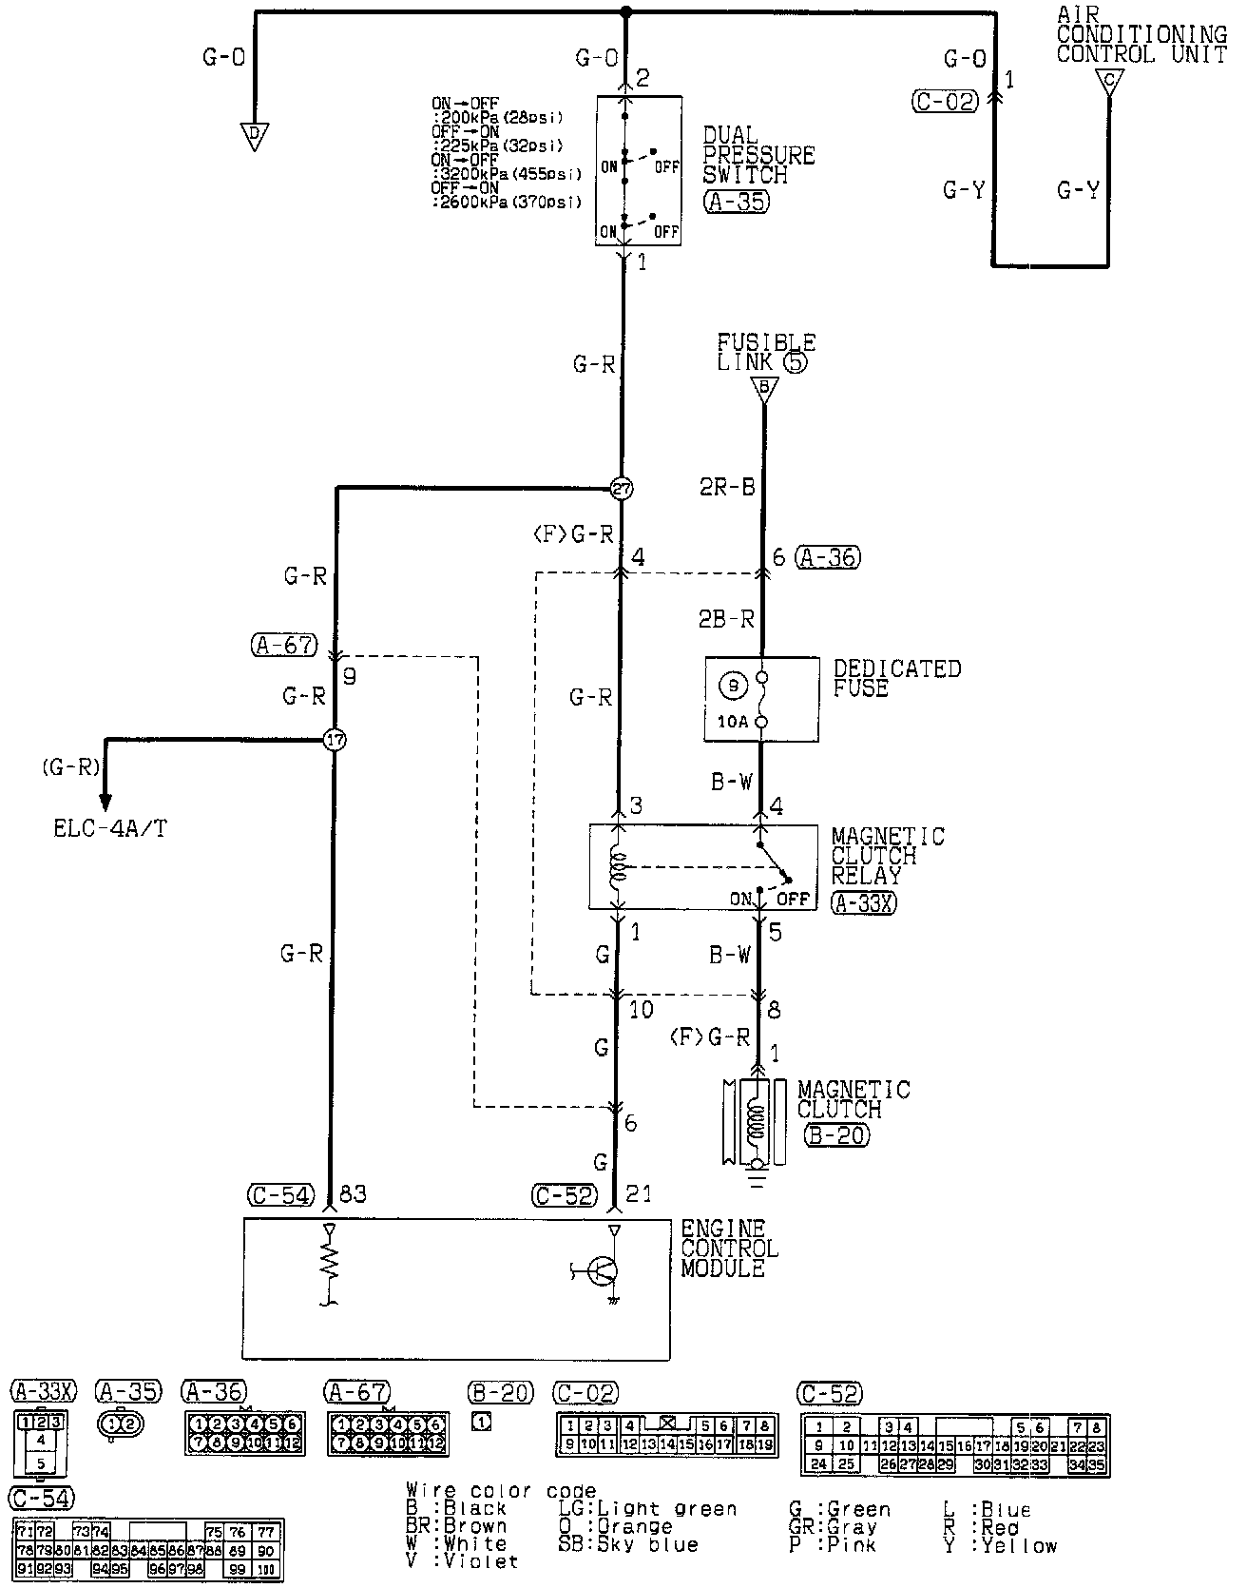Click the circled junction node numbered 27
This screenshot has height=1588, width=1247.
(x=621, y=489)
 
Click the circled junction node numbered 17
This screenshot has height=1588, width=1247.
(x=335, y=739)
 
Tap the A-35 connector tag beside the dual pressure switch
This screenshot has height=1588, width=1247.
(x=736, y=202)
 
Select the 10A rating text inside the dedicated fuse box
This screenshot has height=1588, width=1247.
(x=732, y=722)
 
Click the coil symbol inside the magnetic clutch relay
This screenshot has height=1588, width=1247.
(x=619, y=866)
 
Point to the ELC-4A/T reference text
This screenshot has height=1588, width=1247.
(x=110, y=828)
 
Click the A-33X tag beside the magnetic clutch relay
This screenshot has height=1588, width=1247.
(x=862, y=902)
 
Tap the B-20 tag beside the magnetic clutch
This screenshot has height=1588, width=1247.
(x=836, y=1133)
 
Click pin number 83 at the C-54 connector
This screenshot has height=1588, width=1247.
(x=352, y=1194)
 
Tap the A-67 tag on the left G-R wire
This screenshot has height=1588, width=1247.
(x=283, y=645)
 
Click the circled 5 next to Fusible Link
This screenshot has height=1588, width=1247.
(x=796, y=362)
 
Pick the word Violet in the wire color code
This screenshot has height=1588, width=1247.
(x=483, y=1560)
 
